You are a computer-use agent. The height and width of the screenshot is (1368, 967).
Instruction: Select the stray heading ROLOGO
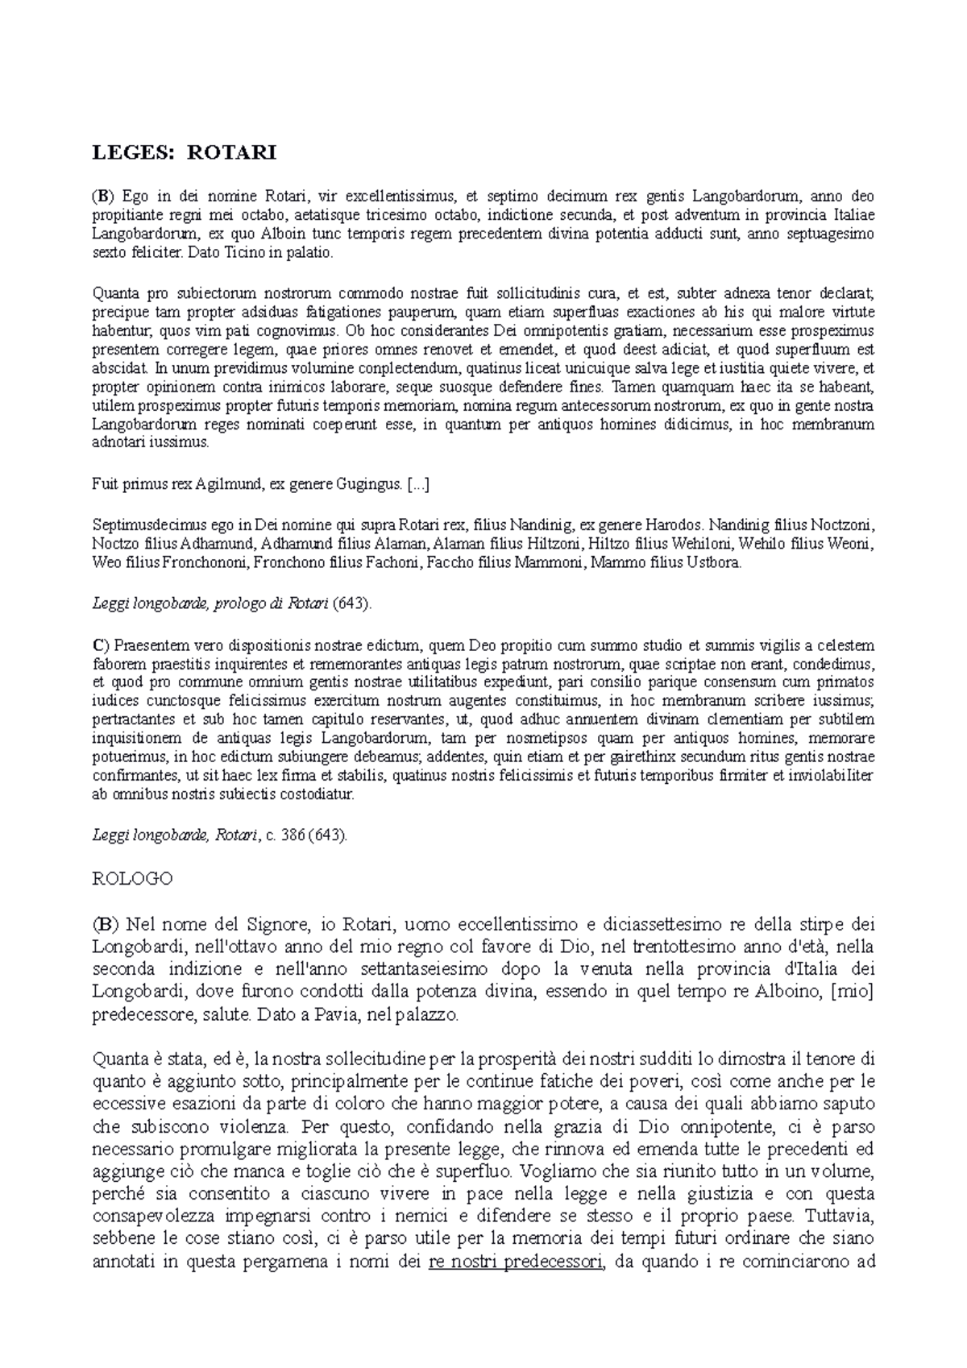pyautogui.click(x=133, y=879)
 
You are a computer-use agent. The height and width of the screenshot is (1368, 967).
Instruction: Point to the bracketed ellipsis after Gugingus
pyautogui.click(x=419, y=484)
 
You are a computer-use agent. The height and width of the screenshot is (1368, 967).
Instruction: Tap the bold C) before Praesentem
pyautogui.click(x=101, y=645)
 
